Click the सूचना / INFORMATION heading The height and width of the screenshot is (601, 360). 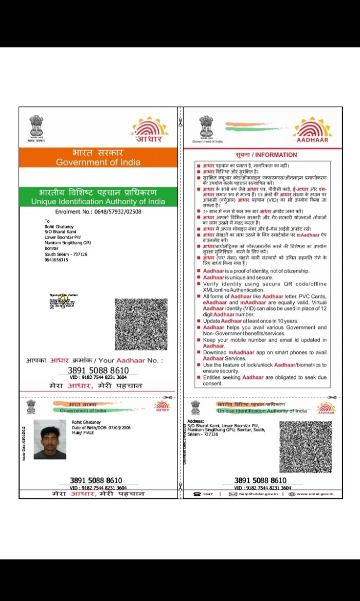[266, 155]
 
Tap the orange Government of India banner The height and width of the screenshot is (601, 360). [98, 157]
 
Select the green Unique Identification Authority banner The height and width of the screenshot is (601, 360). [98, 197]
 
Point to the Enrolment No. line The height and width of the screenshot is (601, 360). [98, 212]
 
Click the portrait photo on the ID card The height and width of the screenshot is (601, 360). [50, 439]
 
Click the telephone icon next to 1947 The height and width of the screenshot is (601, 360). [196, 494]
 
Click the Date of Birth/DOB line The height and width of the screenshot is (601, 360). [101, 428]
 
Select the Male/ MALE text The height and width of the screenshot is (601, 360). [83, 433]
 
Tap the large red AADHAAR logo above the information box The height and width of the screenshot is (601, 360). [313, 131]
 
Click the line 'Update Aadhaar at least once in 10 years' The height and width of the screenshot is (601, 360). [250, 321]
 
